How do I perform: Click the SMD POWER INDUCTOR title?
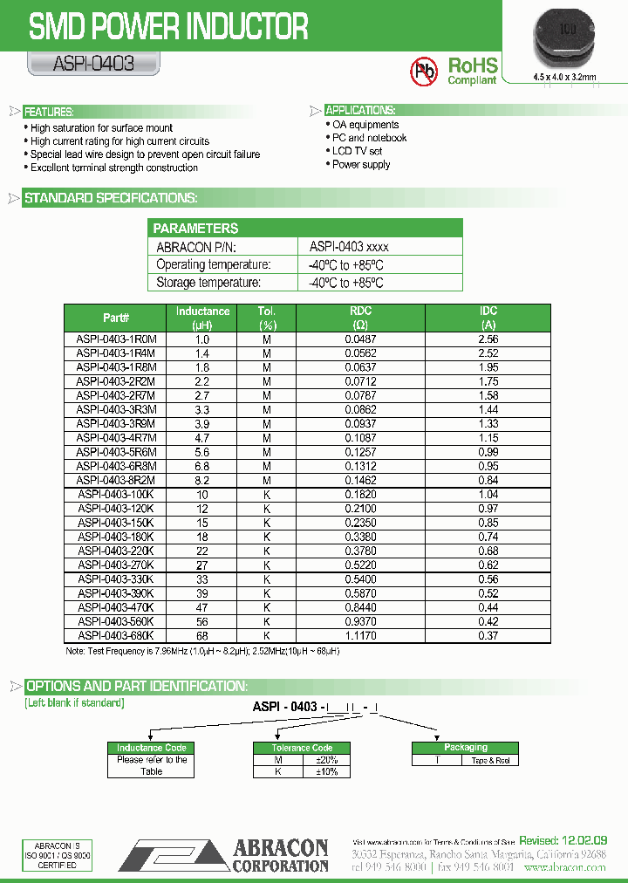(168, 27)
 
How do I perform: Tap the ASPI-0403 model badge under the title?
(81, 64)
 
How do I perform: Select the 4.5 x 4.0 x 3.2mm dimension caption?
(565, 78)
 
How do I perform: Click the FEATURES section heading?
(49, 112)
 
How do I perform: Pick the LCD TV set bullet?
(357, 151)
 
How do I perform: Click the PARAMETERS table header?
(196, 228)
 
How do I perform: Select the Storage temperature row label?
(208, 283)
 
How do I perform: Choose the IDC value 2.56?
(488, 339)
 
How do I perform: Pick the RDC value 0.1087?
(360, 437)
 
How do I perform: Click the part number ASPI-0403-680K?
(115, 636)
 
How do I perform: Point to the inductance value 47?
(202, 607)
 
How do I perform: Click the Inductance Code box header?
(152, 748)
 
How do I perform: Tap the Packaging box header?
(466, 747)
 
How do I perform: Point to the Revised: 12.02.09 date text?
(563, 839)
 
